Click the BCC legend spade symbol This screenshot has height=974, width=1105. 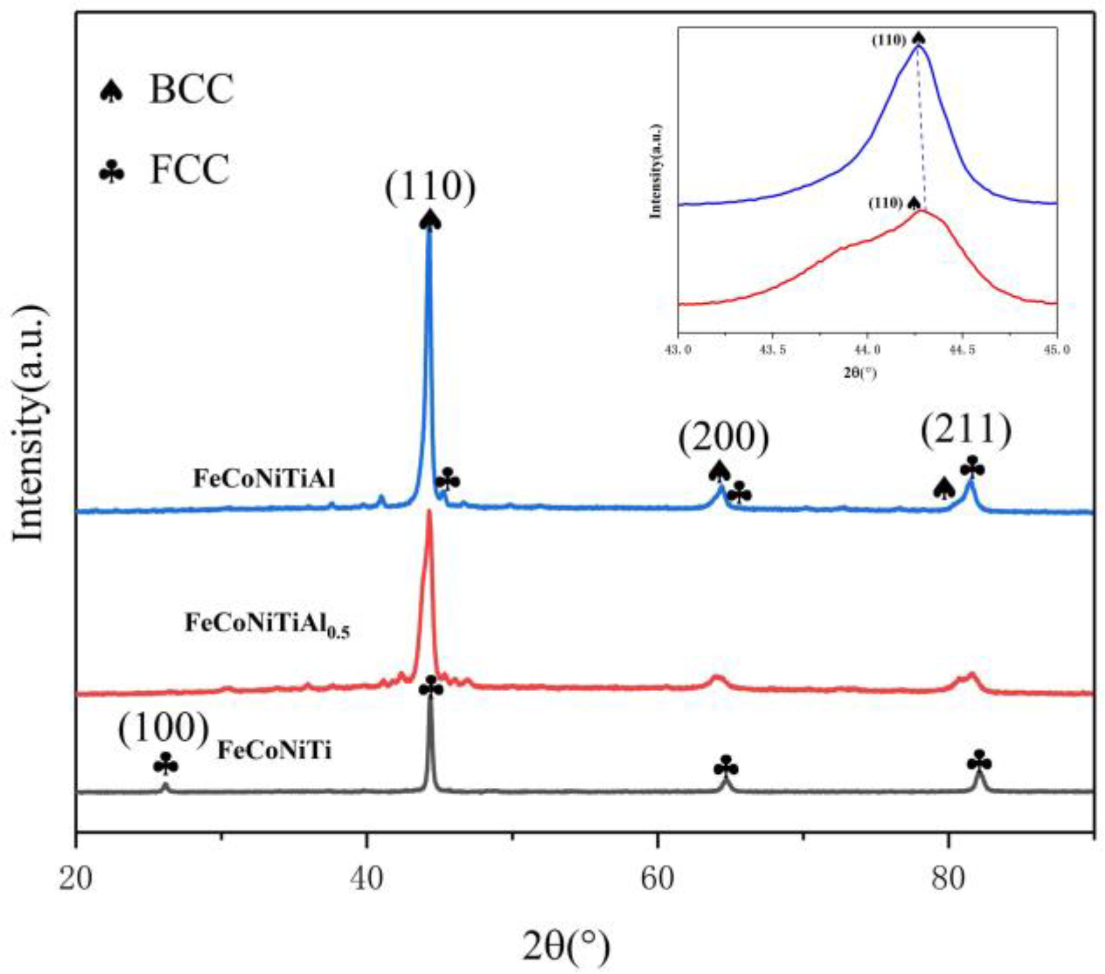(112, 91)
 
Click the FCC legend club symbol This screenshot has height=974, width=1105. (112, 171)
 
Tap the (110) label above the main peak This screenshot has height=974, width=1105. (430, 187)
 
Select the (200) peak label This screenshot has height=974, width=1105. (723, 437)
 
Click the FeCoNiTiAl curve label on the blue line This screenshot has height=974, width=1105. (264, 479)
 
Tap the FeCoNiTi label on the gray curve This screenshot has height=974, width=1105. (274, 751)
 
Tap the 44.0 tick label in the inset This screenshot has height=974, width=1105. (867, 350)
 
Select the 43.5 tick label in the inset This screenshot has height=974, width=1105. (772, 350)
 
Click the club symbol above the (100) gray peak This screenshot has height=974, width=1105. (166, 765)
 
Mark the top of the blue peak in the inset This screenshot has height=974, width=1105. (918, 47)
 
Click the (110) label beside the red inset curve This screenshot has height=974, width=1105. (885, 204)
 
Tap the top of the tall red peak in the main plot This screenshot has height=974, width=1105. (429, 512)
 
